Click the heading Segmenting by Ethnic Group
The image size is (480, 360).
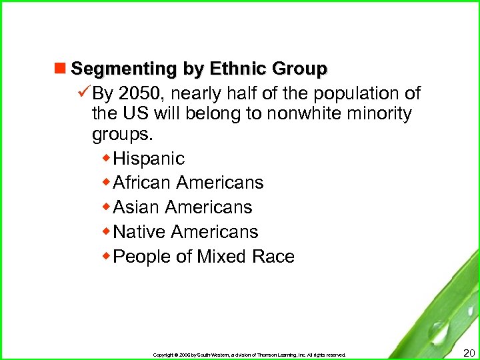tap(199, 69)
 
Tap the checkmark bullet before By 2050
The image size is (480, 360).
tap(85, 92)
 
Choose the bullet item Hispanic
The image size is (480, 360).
tap(149, 159)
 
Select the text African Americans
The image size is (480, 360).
tap(189, 183)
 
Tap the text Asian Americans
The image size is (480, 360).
tap(183, 207)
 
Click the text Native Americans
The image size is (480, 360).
tap(185, 232)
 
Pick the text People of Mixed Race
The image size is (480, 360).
tap(204, 257)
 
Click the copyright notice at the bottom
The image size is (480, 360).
tap(249, 355)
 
